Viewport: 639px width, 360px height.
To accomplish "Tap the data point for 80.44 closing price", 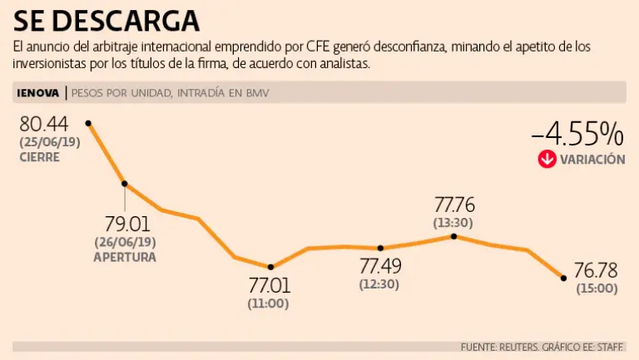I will (x=88, y=123).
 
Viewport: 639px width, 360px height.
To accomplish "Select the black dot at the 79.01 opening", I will (x=125, y=184).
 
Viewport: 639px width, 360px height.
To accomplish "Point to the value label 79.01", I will (x=125, y=224).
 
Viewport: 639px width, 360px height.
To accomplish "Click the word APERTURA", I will (x=125, y=258).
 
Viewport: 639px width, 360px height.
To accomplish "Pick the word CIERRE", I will (x=40, y=157).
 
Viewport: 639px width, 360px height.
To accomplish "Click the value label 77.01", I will (x=269, y=286).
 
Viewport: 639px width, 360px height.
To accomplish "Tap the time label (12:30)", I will (x=379, y=285).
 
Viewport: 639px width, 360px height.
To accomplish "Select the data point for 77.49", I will (x=380, y=248).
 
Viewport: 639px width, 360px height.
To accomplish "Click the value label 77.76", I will (x=454, y=205).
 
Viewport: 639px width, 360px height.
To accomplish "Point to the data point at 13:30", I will (x=454, y=236).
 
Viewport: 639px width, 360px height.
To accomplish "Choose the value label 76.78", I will (x=597, y=272).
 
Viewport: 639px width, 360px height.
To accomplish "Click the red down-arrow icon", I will (x=547, y=159).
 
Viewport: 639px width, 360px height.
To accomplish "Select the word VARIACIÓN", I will (x=592, y=160).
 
